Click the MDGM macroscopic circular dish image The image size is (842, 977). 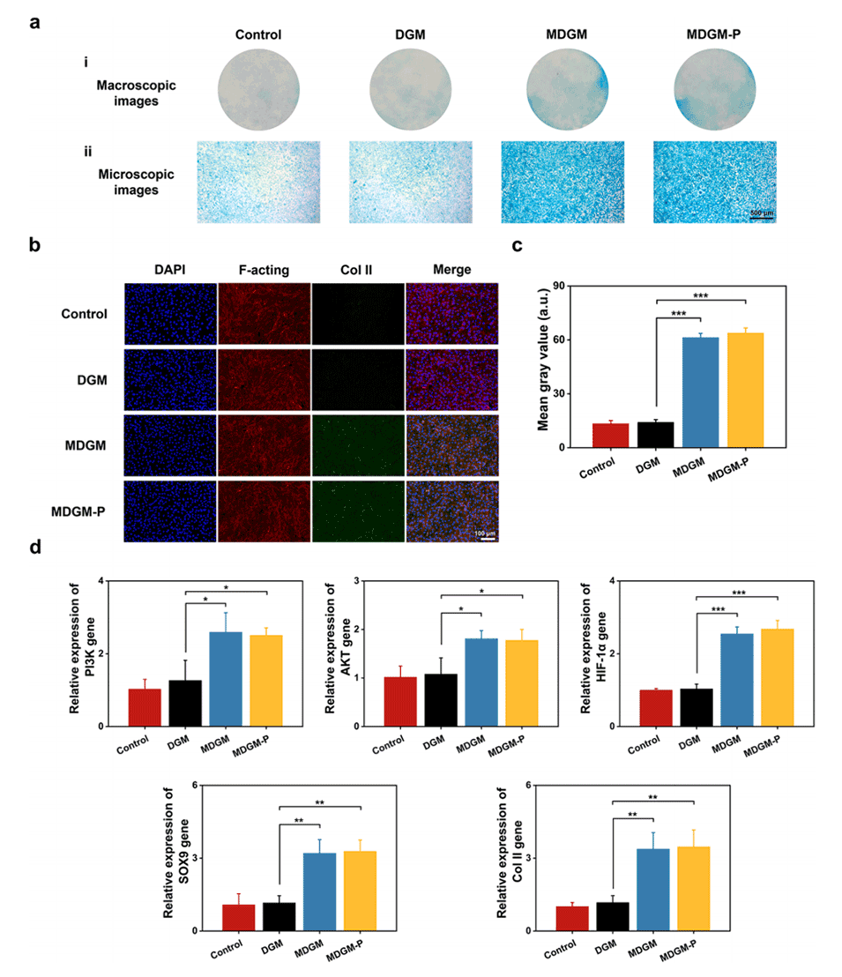click(x=568, y=89)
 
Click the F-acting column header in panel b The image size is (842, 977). click(x=262, y=269)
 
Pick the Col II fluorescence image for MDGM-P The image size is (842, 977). click(x=357, y=510)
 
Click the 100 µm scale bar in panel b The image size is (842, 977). click(x=484, y=534)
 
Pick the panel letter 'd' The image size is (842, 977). click(x=36, y=547)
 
